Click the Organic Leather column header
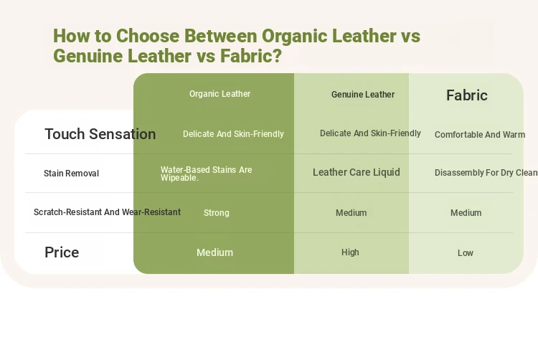tap(220, 94)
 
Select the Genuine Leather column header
tap(363, 95)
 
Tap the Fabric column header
tap(467, 95)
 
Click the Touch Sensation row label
tap(100, 134)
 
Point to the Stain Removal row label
tap(71, 174)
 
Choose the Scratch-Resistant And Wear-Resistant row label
tap(107, 212)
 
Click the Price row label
tap(62, 252)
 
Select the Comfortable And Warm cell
tap(480, 135)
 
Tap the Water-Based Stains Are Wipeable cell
tap(206, 174)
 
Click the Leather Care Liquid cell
tap(356, 172)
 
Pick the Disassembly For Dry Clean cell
tap(486, 173)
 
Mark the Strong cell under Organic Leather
tap(217, 213)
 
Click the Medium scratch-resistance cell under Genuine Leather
tap(351, 213)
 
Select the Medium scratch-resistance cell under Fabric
tap(466, 213)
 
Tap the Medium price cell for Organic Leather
tap(214, 252)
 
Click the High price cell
tap(350, 252)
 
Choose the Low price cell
tap(466, 253)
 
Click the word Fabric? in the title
tap(251, 56)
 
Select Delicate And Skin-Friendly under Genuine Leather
tap(370, 133)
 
